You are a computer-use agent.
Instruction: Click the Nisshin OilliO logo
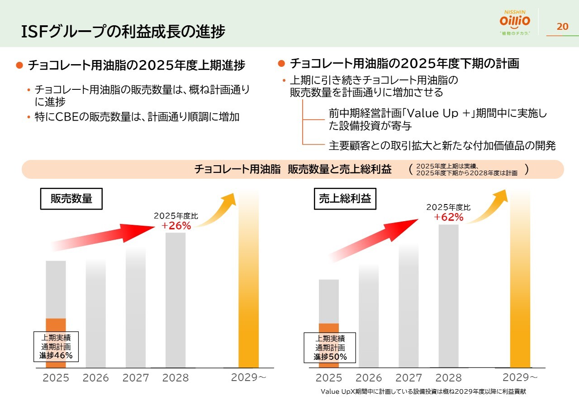pyautogui.click(x=515, y=23)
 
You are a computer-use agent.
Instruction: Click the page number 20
pyautogui.click(x=562, y=26)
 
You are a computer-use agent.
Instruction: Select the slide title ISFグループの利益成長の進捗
pyautogui.click(x=123, y=32)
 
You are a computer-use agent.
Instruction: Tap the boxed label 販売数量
pyautogui.click(x=71, y=199)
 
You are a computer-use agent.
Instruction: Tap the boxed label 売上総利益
pyautogui.click(x=345, y=199)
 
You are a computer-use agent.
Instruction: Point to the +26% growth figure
pyautogui.click(x=176, y=226)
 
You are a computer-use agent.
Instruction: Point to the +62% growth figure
pyautogui.click(x=449, y=217)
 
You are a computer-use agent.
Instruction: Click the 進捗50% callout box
pyautogui.click(x=330, y=348)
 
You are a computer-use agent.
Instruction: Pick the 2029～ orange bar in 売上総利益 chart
pyautogui.click(x=520, y=280)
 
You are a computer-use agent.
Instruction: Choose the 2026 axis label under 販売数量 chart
pyautogui.click(x=96, y=378)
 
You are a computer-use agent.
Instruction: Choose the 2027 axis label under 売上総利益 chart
pyautogui.click(x=408, y=378)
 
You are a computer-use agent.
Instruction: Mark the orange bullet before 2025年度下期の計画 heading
pyautogui.click(x=281, y=63)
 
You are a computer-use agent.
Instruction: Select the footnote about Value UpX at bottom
pyautogui.click(x=423, y=391)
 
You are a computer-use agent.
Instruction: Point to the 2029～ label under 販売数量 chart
pyautogui.click(x=248, y=377)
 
